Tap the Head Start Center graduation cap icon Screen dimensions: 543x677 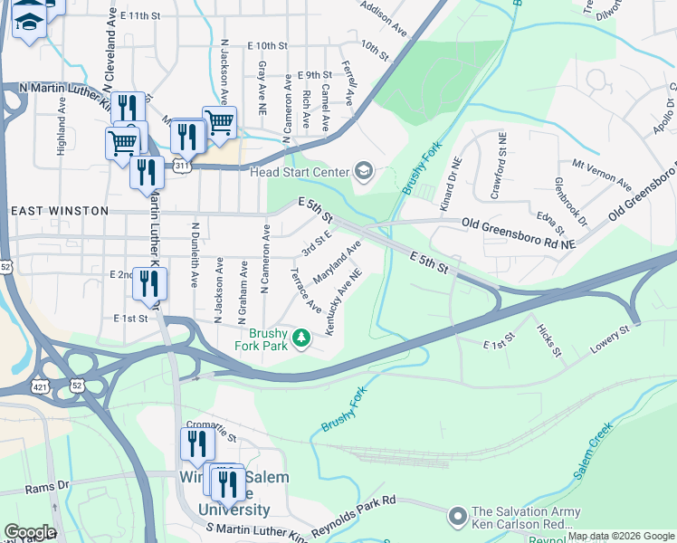pyautogui.click(x=363, y=172)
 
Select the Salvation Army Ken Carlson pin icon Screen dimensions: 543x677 pyautogui.click(x=458, y=517)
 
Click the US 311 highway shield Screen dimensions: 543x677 pyautogui.click(x=182, y=166)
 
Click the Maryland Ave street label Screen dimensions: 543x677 pyautogui.click(x=338, y=261)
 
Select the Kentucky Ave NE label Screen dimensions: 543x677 pyautogui.click(x=343, y=300)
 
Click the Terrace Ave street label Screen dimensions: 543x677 pyautogui.click(x=305, y=291)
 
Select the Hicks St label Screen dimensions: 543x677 pyautogui.click(x=548, y=339)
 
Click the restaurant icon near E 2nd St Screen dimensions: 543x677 pyautogui.click(x=149, y=283)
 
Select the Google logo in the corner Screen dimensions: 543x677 pyautogui.click(x=30, y=532)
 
